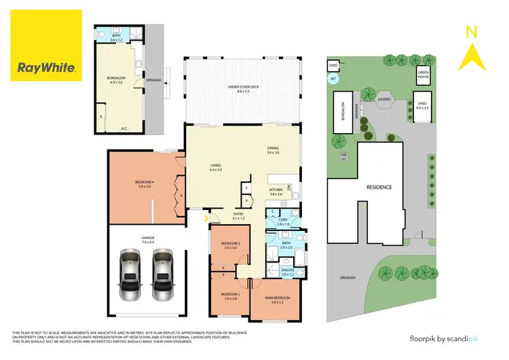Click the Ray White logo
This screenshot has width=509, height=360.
46,46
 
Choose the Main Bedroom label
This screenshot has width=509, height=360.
276,298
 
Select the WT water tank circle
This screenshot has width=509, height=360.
333,79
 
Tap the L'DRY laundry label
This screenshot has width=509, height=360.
283,222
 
